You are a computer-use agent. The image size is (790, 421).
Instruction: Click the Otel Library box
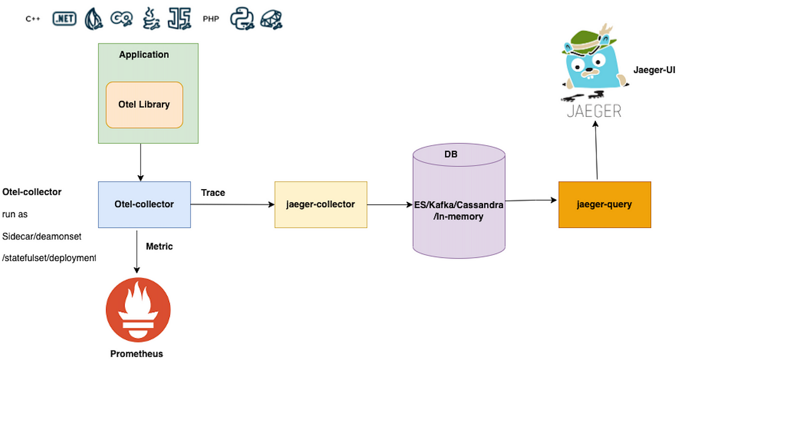coord(144,105)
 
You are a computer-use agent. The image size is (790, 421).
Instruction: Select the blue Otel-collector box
coord(144,204)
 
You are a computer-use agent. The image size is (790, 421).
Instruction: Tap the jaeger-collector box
coord(321,204)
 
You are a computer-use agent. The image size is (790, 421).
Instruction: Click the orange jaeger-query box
coord(604,204)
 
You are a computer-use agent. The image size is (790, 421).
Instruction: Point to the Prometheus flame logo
coord(138,310)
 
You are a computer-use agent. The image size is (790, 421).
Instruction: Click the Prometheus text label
coord(137,354)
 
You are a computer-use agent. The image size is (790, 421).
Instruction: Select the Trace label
coord(213,193)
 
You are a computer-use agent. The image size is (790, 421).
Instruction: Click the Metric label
coord(159,247)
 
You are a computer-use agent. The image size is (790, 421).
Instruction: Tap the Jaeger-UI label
coord(654,71)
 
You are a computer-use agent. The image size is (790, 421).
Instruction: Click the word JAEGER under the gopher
coord(594,111)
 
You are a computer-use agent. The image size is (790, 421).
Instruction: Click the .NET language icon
coord(64,19)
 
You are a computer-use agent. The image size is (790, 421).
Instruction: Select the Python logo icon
coord(242,19)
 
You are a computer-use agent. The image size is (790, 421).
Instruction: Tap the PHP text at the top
coord(210,19)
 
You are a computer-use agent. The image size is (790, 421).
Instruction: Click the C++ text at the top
coord(33,19)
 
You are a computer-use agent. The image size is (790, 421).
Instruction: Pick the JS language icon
coord(179,19)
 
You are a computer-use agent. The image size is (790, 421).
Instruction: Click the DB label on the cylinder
coord(450,154)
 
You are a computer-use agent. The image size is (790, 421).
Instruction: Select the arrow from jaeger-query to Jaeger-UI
coord(596,151)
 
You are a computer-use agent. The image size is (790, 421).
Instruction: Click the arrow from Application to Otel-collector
coord(141,162)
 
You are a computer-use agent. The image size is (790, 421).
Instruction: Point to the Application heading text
coord(144,55)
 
